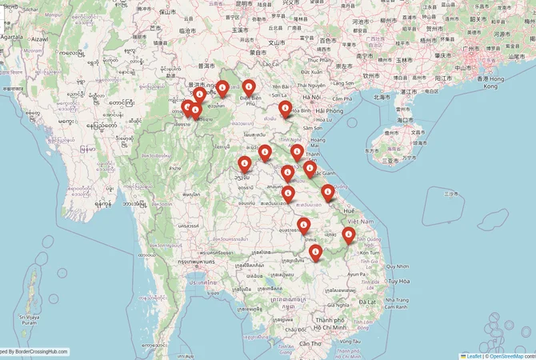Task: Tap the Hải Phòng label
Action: coord(330,110)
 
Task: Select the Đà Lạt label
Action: coord(367,301)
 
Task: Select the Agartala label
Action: coord(12,37)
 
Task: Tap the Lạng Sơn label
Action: coord(343,82)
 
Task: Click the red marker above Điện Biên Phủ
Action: coord(249,86)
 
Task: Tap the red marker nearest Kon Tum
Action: coord(348,234)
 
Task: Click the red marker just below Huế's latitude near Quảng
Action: coord(328,190)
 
